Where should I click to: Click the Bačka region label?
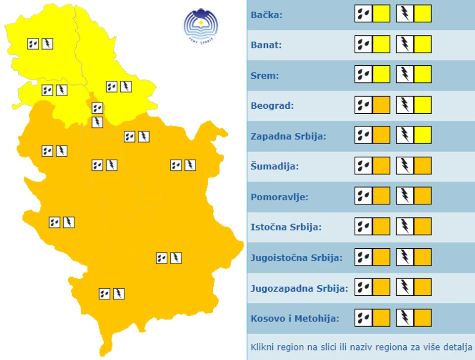point(266,15)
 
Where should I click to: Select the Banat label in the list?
point(266,45)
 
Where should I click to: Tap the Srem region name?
point(265,76)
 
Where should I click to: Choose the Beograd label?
point(272,106)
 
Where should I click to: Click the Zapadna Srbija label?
point(289,137)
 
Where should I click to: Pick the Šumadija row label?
point(274,166)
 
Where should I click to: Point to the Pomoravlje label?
point(279,197)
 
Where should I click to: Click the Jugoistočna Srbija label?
point(297,257)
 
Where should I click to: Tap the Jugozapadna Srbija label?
point(299,288)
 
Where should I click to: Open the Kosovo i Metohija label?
point(295,319)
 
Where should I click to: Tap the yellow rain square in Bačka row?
point(382,14)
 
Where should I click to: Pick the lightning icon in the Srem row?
point(405,74)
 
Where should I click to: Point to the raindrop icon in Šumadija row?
point(363,165)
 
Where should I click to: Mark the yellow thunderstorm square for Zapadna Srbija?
point(423,135)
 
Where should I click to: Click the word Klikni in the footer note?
point(262,347)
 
